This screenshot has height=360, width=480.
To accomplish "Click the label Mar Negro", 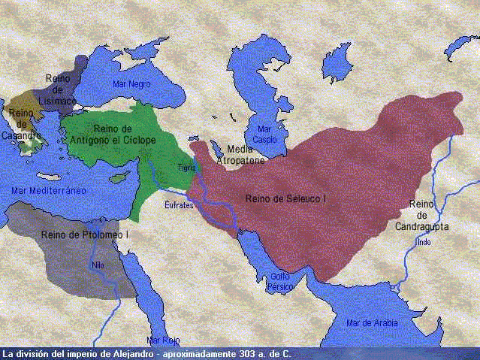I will (131, 84).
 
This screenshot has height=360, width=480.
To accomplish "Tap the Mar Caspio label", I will (264, 135).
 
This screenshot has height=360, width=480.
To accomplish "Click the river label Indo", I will (424, 242).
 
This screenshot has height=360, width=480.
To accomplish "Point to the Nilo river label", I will (98, 265).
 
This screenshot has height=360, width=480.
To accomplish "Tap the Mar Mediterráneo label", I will (49, 191).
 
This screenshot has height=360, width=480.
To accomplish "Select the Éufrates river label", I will (180, 204).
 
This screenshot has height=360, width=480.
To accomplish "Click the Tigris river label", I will (187, 168).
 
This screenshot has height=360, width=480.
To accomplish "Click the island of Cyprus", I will (121, 179).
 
